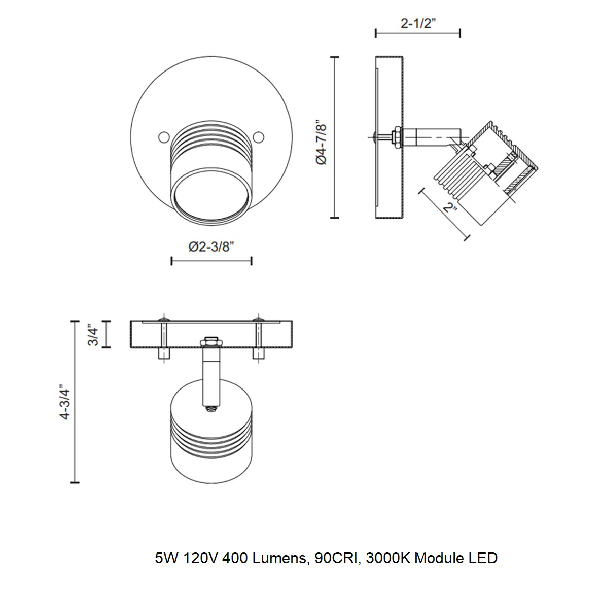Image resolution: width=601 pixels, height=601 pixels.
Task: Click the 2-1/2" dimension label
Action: point(418,23)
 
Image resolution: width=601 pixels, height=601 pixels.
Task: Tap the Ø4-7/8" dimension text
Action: point(321,144)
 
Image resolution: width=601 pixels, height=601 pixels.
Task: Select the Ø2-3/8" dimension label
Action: point(211,246)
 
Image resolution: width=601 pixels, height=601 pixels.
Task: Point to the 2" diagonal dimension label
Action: point(450,207)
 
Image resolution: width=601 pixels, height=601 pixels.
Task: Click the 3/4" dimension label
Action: point(93,336)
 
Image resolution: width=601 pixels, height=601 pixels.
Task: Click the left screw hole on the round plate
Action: point(164,137)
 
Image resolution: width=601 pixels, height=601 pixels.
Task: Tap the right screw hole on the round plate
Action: point(259,137)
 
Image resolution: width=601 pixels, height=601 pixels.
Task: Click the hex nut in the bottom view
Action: point(211,341)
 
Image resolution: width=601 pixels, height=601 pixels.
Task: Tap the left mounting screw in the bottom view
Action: point(164,339)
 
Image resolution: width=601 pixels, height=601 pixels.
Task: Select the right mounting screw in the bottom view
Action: point(259,339)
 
